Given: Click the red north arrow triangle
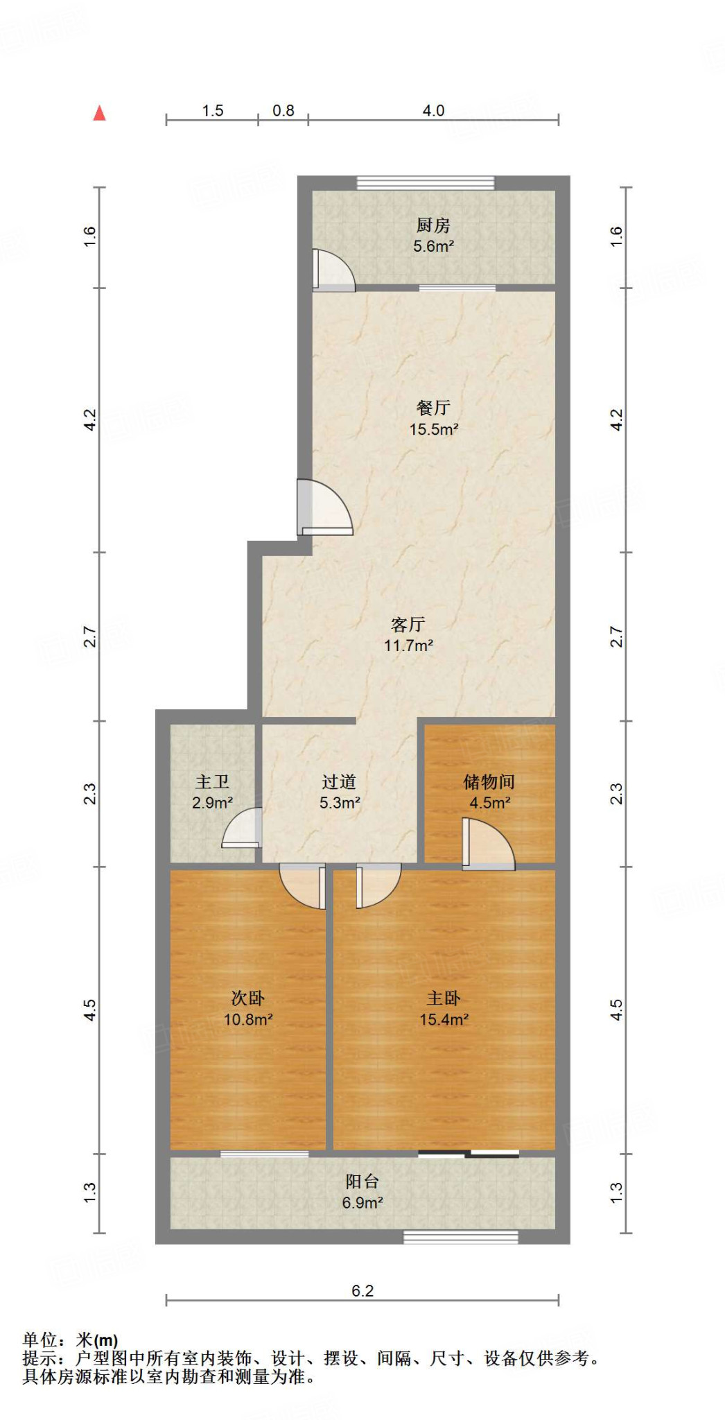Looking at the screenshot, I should click(100, 113).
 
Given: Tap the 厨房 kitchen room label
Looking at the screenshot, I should click(433, 225).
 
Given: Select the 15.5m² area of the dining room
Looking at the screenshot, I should click(433, 429).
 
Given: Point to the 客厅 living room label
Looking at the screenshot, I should click(408, 625).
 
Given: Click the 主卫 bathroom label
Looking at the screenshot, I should click(212, 782).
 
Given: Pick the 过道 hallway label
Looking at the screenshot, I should click(339, 782).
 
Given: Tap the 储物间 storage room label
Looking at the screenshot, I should click(489, 782).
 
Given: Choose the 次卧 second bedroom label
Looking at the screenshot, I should click(247, 998).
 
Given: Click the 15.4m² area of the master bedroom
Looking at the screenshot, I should click(444, 1019).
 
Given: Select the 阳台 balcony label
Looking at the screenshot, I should click(362, 1181).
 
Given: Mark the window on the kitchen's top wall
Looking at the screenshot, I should click(426, 183).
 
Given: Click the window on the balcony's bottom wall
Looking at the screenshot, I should click(461, 1237).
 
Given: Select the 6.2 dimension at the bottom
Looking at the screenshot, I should click(362, 1291).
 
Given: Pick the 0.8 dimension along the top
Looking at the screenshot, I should click(283, 111).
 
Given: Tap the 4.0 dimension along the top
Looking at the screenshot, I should click(433, 111).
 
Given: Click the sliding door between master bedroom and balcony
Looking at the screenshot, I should click(469, 1154).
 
